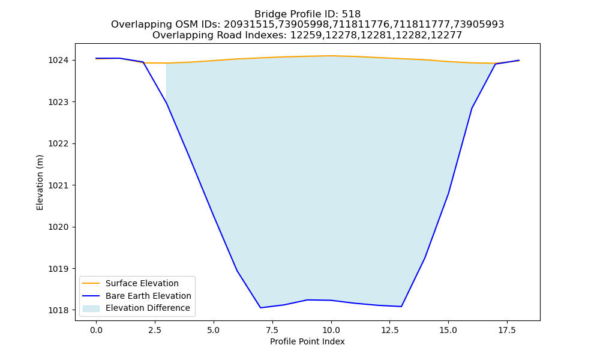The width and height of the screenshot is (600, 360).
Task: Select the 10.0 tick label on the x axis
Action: tap(331, 330)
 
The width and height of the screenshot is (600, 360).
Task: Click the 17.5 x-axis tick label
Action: tap(507, 330)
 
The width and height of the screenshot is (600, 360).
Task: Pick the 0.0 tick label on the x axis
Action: tap(96, 330)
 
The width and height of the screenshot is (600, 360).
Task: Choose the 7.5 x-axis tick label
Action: tap(272, 330)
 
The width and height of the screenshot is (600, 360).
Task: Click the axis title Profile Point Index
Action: tap(307, 341)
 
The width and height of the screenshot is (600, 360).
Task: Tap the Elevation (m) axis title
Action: tap(40, 182)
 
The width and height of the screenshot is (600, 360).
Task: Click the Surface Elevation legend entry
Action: tap(142, 283)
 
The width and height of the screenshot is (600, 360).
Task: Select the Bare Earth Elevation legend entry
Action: tap(148, 296)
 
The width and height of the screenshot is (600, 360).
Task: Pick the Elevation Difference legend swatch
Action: tap(91, 308)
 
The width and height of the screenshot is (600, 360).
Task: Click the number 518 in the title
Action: tap(351, 14)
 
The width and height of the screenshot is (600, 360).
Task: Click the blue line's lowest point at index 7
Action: tap(260, 308)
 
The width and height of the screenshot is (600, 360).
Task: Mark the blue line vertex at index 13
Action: tap(401, 307)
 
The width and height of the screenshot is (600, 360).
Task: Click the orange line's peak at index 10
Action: tap(331, 56)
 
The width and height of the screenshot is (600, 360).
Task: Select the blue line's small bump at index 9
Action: tap(307, 300)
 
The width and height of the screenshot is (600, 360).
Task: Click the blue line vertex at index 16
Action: tap(472, 109)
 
